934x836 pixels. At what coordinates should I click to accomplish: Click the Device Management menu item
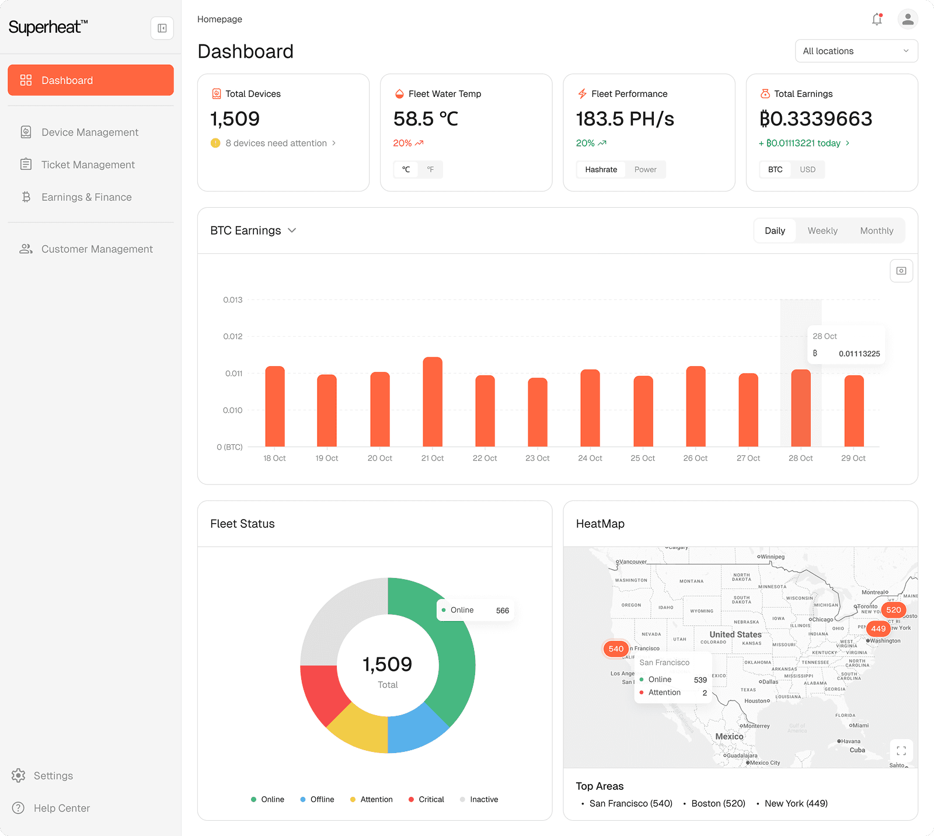[89, 133]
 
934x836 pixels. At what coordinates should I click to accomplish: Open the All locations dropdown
[856, 51]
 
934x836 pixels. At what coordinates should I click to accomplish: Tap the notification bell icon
[877, 19]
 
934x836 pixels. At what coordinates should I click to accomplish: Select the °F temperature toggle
[430, 169]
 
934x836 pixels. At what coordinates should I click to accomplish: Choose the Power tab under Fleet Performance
[645, 169]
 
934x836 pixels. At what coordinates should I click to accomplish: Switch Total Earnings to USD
[807, 169]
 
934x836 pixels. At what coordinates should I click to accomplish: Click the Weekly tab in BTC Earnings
[822, 231]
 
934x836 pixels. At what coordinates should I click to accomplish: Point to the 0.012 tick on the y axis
[232, 336]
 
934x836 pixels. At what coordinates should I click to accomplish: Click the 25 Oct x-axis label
[642, 458]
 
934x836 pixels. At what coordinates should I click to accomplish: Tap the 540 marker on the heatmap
[616, 649]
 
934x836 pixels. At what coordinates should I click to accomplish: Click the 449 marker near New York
[878, 629]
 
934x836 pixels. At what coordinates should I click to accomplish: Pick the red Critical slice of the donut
[323, 692]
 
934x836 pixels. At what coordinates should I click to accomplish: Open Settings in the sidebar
[53, 776]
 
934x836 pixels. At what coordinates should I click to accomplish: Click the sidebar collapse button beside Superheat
[162, 28]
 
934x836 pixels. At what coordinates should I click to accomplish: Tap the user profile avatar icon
[907, 19]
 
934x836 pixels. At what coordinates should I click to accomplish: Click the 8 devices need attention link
[276, 143]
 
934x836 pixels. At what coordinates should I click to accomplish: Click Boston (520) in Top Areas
[717, 803]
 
